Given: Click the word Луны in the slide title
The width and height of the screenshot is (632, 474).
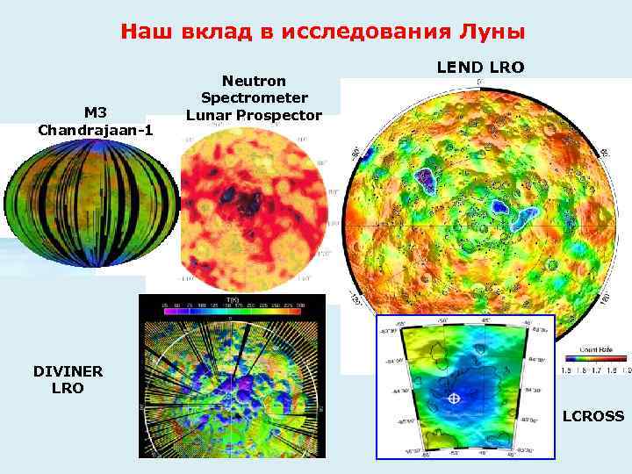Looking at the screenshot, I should pyautogui.click(x=492, y=33).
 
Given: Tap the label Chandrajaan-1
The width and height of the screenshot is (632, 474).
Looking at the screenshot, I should pyautogui.click(x=96, y=130).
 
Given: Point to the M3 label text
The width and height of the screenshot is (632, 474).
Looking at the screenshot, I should pyautogui.click(x=95, y=113).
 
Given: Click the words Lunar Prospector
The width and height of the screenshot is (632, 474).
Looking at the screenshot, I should pyautogui.click(x=254, y=115).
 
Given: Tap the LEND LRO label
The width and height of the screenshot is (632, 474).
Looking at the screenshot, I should pyautogui.click(x=481, y=67).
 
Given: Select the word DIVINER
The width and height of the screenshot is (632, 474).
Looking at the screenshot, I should pyautogui.click(x=68, y=371).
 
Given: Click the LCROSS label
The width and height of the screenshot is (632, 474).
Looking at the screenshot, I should pyautogui.click(x=592, y=416).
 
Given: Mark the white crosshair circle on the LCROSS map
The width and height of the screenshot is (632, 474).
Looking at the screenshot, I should pyautogui.click(x=454, y=399).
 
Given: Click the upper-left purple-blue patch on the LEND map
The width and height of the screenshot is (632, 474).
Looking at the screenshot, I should pyautogui.click(x=429, y=179).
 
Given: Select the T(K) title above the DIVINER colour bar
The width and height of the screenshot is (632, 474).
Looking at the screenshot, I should pyautogui.click(x=233, y=299).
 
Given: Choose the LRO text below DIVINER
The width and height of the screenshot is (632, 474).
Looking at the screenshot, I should pyautogui.click(x=68, y=388).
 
